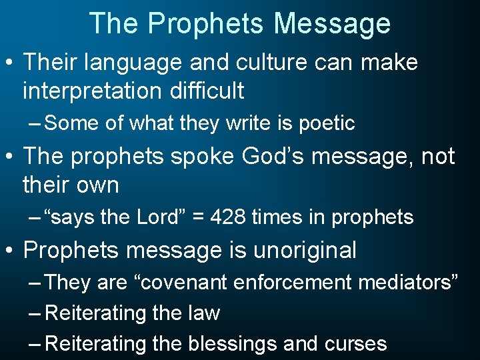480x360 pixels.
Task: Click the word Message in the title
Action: click(x=332, y=23)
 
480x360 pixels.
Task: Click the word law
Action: click(x=205, y=313)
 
